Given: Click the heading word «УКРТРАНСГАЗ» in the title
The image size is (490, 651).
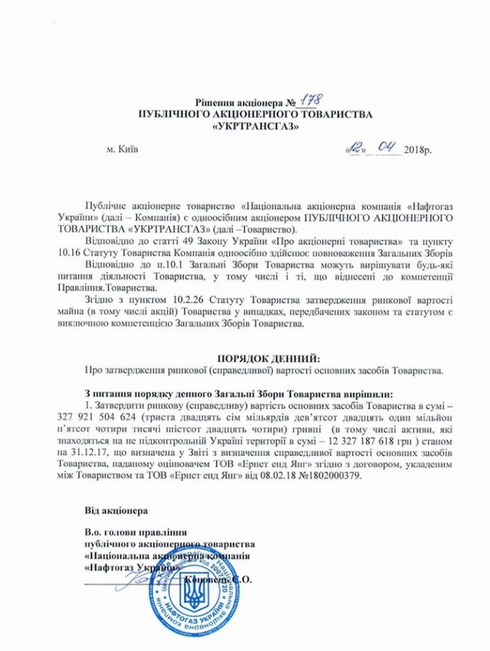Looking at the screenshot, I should [x=246, y=128].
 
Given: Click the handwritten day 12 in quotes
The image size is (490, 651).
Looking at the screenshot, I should [x=352, y=150].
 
